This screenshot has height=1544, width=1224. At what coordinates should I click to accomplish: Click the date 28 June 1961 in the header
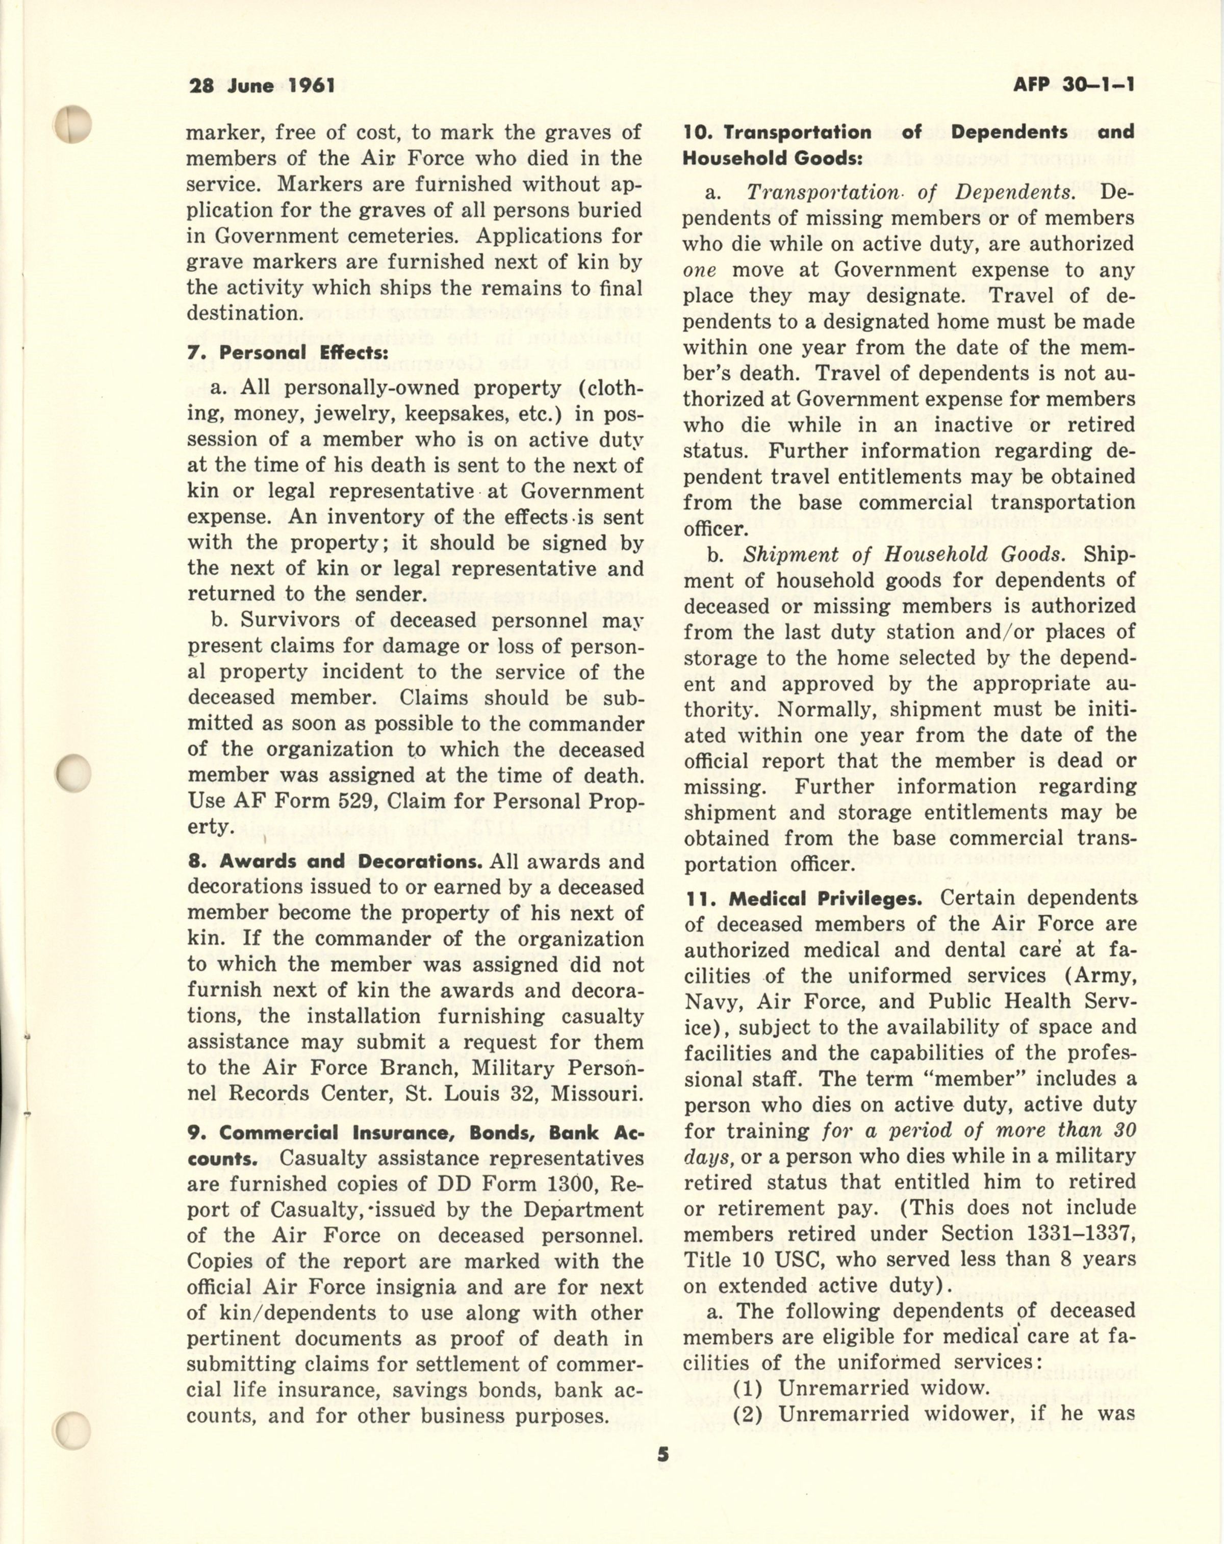pos(262,86)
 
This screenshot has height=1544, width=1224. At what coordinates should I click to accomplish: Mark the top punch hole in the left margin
pos(74,123)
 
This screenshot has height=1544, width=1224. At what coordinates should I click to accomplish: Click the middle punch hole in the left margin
pos(74,773)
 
